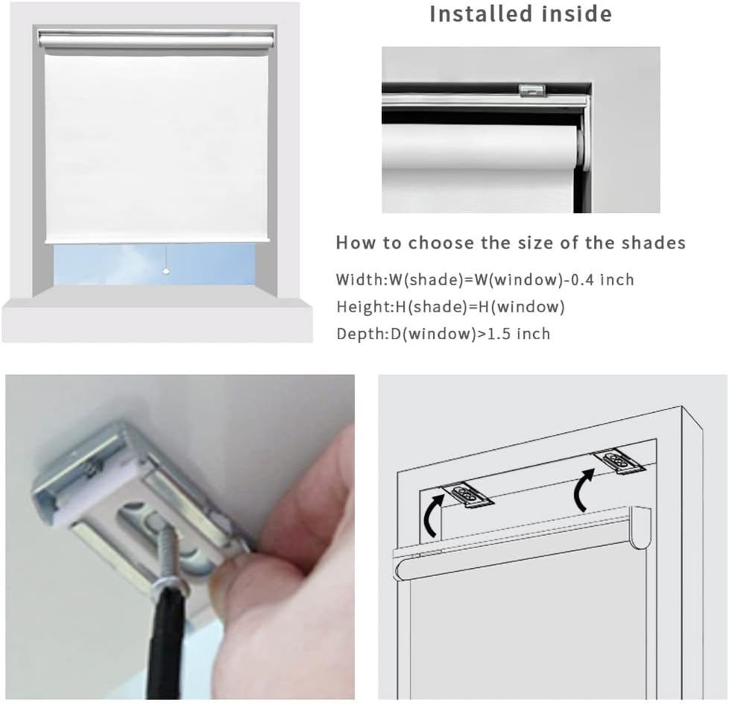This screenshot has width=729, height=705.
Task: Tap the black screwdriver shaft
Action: pos(167,641)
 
